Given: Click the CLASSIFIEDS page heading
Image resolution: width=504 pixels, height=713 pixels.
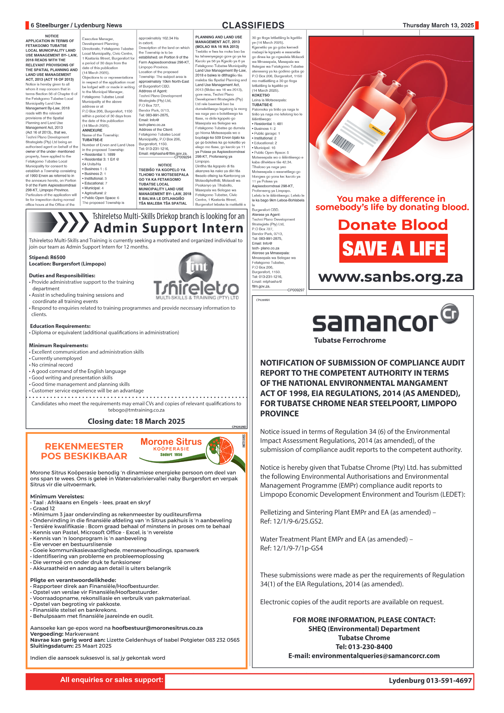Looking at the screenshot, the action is [x=253, y=25].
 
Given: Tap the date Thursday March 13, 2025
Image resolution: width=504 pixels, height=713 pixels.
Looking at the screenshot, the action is [x=438, y=25].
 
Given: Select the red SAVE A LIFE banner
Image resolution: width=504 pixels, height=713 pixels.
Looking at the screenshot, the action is [x=393, y=248].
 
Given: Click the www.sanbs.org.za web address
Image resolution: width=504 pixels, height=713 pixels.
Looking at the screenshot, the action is [x=391, y=277].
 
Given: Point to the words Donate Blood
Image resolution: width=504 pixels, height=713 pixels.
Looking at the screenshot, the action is [x=393, y=225].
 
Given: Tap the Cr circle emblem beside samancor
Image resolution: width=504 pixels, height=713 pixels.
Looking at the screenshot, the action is [x=449, y=313].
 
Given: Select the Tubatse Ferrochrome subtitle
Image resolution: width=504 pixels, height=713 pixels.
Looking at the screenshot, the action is [x=350, y=340].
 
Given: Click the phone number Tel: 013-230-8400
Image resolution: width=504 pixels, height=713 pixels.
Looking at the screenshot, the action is [x=364, y=647].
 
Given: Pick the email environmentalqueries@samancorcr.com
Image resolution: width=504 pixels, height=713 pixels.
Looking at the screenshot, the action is [x=364, y=656].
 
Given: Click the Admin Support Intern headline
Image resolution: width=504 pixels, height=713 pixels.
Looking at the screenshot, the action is [x=169, y=228].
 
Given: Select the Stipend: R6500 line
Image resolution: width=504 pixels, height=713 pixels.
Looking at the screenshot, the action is [x=47, y=257].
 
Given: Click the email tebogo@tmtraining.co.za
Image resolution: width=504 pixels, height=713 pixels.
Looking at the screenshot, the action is [x=136, y=410].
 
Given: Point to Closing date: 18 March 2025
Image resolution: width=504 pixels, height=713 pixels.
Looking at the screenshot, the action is [x=136, y=421].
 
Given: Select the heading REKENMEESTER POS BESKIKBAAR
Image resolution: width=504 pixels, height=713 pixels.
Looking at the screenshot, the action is [x=84, y=451].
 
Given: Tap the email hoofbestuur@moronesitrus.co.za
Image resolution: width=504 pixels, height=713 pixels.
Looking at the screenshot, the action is [x=157, y=628].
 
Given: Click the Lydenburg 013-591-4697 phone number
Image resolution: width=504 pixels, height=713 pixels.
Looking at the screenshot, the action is [x=430, y=680].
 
